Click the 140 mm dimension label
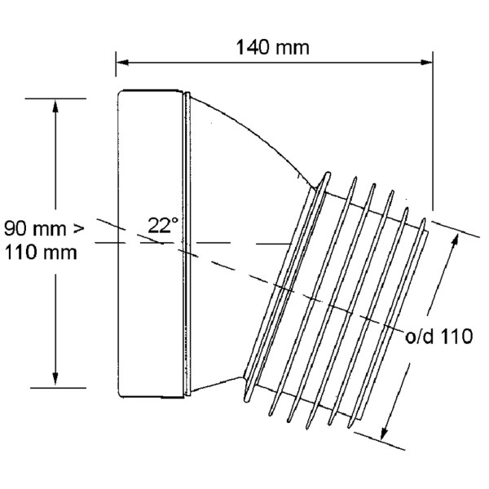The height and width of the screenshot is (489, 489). tap(273, 46)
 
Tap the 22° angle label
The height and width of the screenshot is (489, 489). tap(163, 225)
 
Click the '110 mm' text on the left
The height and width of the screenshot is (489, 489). tap(42, 252)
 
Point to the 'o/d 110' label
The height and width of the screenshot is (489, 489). tap(439, 336)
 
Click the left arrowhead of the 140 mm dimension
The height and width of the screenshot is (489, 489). tap(121, 59)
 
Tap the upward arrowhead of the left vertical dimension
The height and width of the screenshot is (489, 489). tap(55, 105)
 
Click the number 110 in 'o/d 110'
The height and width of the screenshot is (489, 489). tap(456, 336)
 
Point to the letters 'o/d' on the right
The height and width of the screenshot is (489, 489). tap(421, 336)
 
